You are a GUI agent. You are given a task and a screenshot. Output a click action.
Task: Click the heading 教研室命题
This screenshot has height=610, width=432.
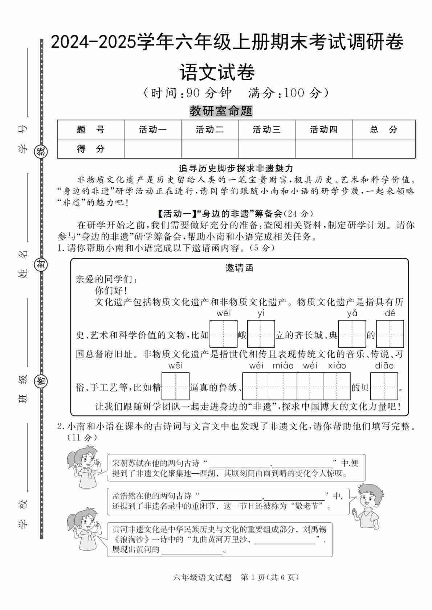221,111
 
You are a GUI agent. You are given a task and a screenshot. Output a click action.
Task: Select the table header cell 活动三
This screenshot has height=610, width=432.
266,129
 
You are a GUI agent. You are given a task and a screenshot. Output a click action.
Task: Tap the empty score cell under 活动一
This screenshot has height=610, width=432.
153,149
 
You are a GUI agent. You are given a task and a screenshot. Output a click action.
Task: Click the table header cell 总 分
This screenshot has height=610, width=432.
383,129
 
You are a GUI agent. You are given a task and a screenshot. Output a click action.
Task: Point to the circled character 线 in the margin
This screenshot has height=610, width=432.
41,151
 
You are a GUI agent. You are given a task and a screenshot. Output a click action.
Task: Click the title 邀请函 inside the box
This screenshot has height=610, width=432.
239,268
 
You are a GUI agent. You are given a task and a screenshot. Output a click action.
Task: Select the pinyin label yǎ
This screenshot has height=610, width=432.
352,313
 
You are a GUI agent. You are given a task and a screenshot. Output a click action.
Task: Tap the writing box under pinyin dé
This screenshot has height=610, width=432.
390,334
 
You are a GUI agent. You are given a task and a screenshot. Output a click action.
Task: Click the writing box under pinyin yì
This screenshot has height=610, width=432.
261,334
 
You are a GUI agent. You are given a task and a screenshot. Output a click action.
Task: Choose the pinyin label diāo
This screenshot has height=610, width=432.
384,366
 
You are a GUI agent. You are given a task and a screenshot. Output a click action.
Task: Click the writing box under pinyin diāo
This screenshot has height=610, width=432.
384,386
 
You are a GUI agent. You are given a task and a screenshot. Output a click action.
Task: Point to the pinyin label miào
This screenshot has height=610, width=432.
283,366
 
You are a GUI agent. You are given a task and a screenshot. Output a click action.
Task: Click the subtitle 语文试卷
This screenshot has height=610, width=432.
217,72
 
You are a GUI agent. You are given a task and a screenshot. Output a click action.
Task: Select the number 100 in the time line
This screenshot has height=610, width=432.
294,94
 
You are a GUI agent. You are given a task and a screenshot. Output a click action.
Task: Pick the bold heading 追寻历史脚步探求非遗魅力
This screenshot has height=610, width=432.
236,169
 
